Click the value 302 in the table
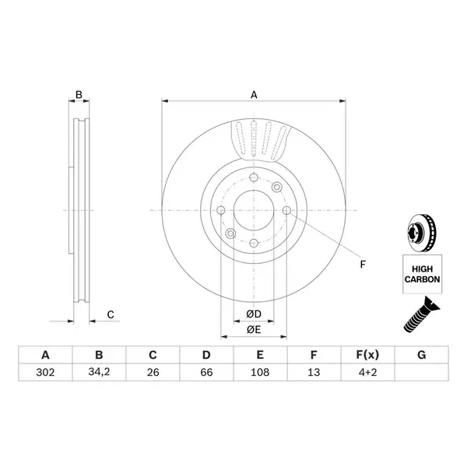[x=45, y=372]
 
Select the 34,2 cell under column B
[x=99, y=372]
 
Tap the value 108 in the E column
[x=260, y=372]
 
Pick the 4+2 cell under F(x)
[x=367, y=372]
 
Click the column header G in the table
[x=421, y=355]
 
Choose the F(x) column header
[x=367, y=355]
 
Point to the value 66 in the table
[x=206, y=372]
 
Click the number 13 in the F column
[x=314, y=372]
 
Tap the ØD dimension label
[x=254, y=314]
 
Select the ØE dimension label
[x=254, y=330]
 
